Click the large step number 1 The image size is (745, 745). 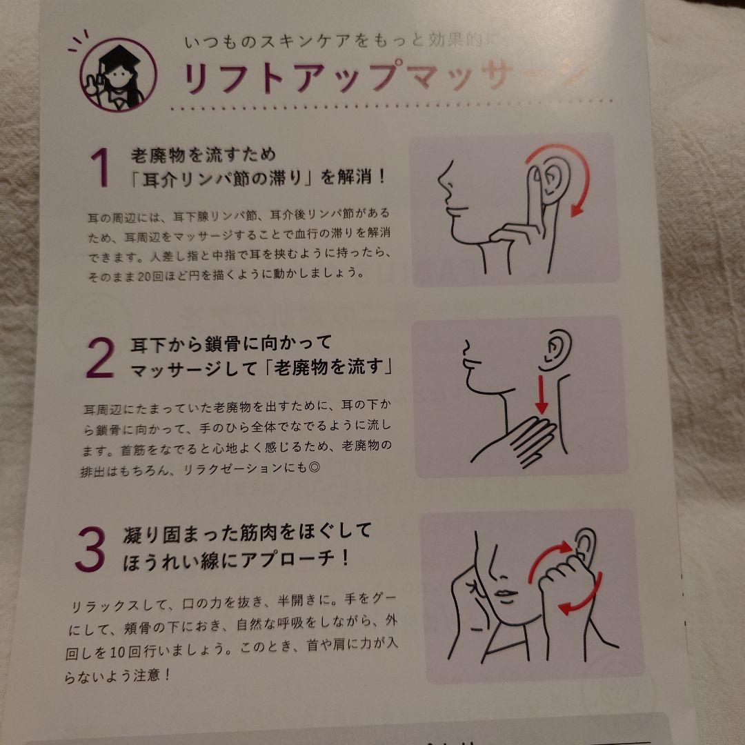(x=100, y=169)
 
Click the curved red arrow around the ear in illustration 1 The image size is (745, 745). (x=576, y=176)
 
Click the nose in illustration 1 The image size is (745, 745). (x=445, y=185)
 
